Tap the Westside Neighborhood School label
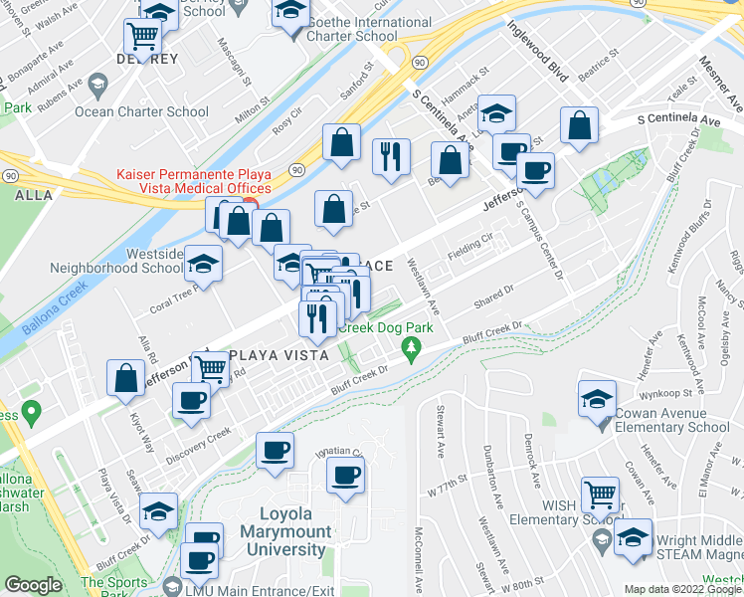click(x=116, y=261)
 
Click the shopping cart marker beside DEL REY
click(x=143, y=37)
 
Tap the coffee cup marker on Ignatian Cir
click(x=346, y=474)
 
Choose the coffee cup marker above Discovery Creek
click(x=191, y=400)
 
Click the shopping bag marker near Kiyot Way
click(x=126, y=378)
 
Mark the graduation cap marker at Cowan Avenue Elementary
click(x=597, y=399)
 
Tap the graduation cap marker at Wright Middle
click(x=633, y=536)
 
